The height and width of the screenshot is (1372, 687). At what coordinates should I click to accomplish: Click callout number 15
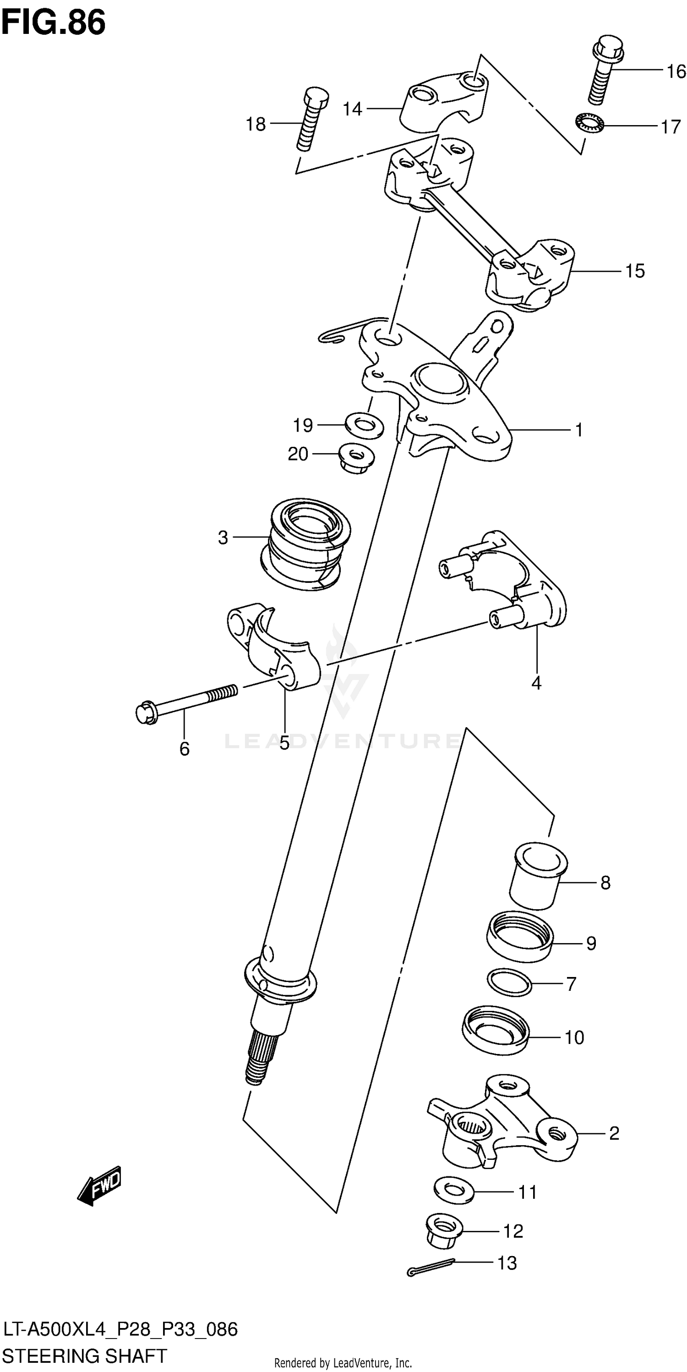635,271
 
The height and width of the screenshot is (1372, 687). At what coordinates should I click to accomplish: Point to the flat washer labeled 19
365,425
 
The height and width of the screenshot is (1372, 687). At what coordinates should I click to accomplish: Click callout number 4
536,683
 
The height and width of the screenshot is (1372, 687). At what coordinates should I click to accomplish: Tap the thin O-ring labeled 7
509,982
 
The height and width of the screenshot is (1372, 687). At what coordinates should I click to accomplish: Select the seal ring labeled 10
495,1030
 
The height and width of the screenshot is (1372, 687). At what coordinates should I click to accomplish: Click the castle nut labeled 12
444,1231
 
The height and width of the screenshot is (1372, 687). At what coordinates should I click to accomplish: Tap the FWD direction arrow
100,1185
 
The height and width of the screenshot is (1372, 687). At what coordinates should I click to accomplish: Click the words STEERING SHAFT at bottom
85,1355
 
